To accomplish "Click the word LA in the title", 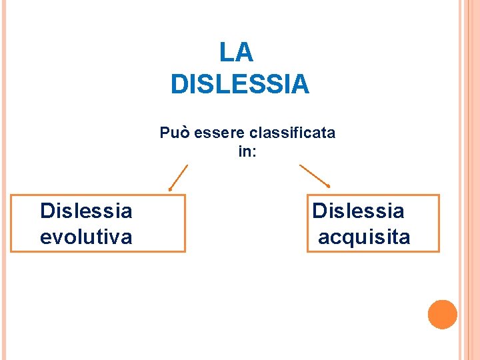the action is click(x=236, y=52).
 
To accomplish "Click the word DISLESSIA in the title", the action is click(x=240, y=85).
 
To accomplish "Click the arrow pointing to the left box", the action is click(x=178, y=178).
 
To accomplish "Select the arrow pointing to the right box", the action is click(x=315, y=175).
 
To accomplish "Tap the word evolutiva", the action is click(x=86, y=237).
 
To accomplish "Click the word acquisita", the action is click(x=364, y=237).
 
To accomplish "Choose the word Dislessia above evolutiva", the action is click(x=86, y=211).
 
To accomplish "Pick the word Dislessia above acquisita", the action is click(x=358, y=211).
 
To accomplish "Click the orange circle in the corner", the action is click(x=442, y=314).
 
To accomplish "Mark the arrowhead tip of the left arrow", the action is click(x=169, y=191).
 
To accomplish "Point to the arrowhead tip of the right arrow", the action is click(x=329, y=186).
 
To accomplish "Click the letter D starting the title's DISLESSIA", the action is click(x=179, y=85).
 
